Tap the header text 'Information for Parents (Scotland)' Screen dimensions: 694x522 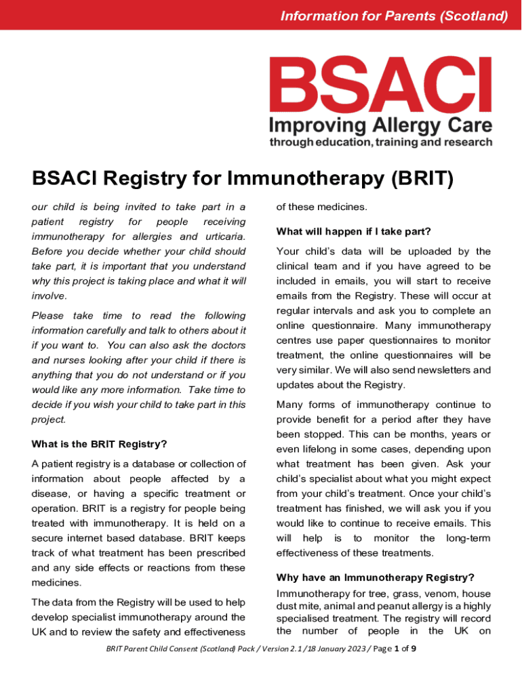394,16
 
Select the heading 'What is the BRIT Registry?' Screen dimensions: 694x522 99,445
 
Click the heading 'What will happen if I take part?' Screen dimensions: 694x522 353,232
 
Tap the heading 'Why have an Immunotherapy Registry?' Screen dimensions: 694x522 375,578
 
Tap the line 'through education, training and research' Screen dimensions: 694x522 380,142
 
